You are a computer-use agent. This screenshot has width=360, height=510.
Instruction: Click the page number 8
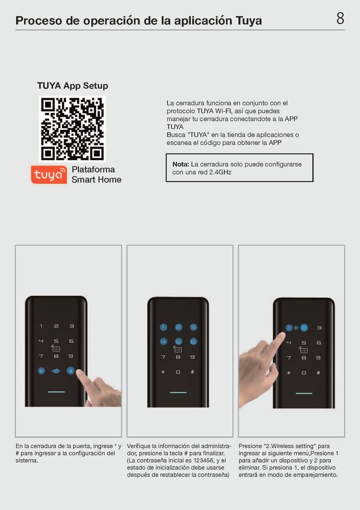click(340, 19)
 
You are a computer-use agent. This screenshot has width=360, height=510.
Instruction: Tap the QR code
click(72, 128)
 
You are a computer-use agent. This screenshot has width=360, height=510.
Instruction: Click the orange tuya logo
click(49, 174)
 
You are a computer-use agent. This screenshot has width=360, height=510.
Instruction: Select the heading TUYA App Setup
click(73, 86)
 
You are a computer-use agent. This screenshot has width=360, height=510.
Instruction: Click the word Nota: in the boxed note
click(181, 164)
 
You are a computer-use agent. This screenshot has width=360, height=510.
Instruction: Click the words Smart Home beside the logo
click(97, 179)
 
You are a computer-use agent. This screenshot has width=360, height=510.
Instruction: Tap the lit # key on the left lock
click(70, 370)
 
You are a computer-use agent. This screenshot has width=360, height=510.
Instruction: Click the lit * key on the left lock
click(41, 370)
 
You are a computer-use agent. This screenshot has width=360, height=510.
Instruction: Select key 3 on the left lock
click(71, 326)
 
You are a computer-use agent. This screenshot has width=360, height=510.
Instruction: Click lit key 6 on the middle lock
click(193, 341)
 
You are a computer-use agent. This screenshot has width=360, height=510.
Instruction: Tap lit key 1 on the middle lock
click(163, 327)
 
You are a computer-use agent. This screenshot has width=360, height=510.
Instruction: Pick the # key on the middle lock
click(193, 371)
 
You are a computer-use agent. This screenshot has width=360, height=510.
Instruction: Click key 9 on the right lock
click(319, 358)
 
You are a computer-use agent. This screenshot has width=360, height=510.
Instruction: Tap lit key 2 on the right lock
click(304, 327)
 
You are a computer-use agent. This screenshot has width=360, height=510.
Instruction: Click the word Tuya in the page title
click(249, 21)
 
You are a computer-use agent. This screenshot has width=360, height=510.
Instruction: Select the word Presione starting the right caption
click(251, 446)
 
